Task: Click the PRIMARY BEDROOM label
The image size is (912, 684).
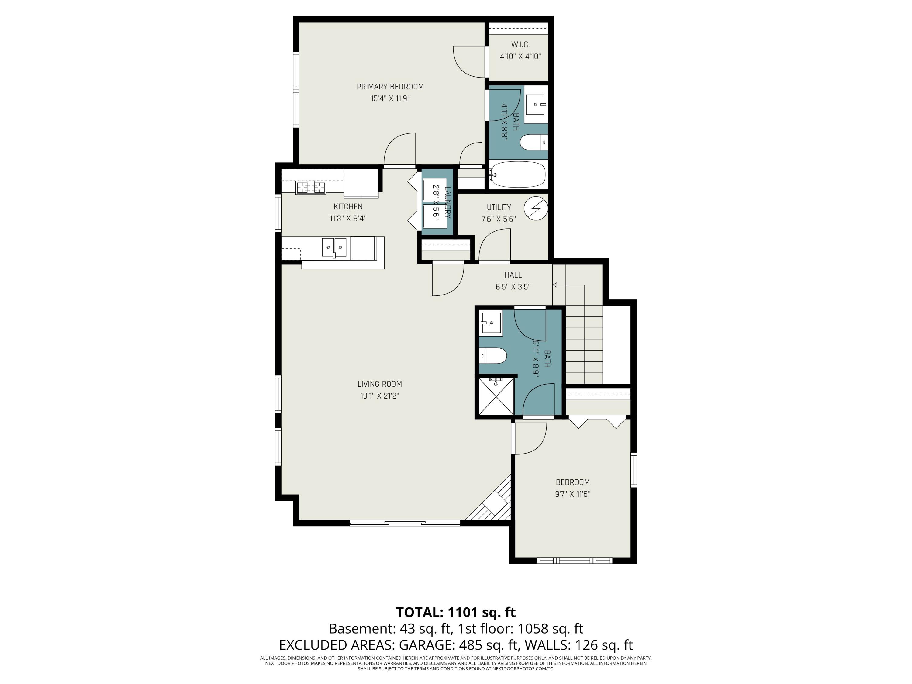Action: [390, 87]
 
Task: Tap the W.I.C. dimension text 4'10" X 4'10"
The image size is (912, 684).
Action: [520, 57]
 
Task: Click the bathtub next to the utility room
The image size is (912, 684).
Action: [518, 174]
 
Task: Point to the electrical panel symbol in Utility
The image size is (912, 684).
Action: [536, 208]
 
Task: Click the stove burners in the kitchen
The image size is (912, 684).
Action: [310, 188]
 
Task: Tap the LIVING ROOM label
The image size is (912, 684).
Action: [379, 384]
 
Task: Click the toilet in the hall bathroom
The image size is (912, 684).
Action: [493, 355]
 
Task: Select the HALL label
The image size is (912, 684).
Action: [513, 275]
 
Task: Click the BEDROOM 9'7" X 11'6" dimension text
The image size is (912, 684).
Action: [572, 494]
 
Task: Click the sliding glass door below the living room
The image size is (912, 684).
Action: [405, 523]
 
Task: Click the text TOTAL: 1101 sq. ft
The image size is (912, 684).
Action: [456, 612]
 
